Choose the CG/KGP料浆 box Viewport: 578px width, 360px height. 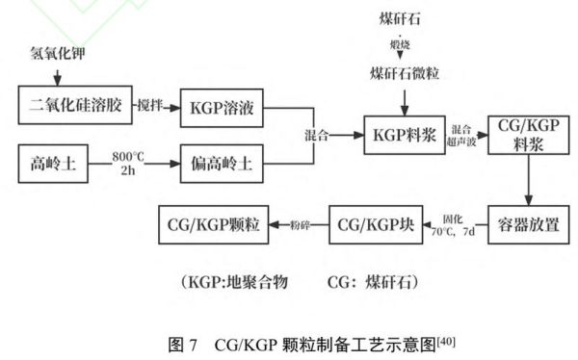(x=526, y=136)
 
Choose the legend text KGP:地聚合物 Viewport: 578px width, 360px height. (x=227, y=284)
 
